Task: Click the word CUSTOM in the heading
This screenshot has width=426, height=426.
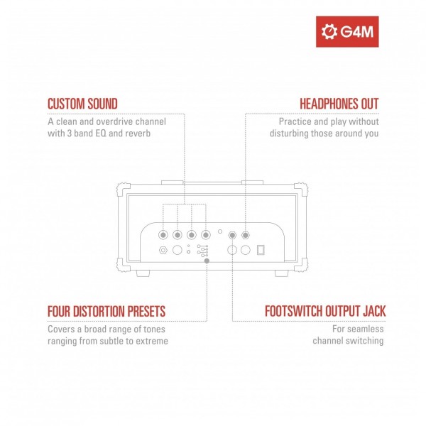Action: [65, 104]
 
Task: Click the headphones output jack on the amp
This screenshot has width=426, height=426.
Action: [246, 235]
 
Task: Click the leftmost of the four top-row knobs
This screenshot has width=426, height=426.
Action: [164, 235]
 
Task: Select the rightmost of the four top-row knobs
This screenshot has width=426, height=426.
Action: [206, 235]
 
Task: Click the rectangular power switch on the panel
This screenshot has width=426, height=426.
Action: [261, 250]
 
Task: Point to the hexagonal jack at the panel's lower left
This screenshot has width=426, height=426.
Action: [163, 250]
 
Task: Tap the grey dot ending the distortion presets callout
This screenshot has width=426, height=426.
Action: [207, 261]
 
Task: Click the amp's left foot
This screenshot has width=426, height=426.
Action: [140, 273]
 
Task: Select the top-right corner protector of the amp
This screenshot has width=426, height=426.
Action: [305, 190]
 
